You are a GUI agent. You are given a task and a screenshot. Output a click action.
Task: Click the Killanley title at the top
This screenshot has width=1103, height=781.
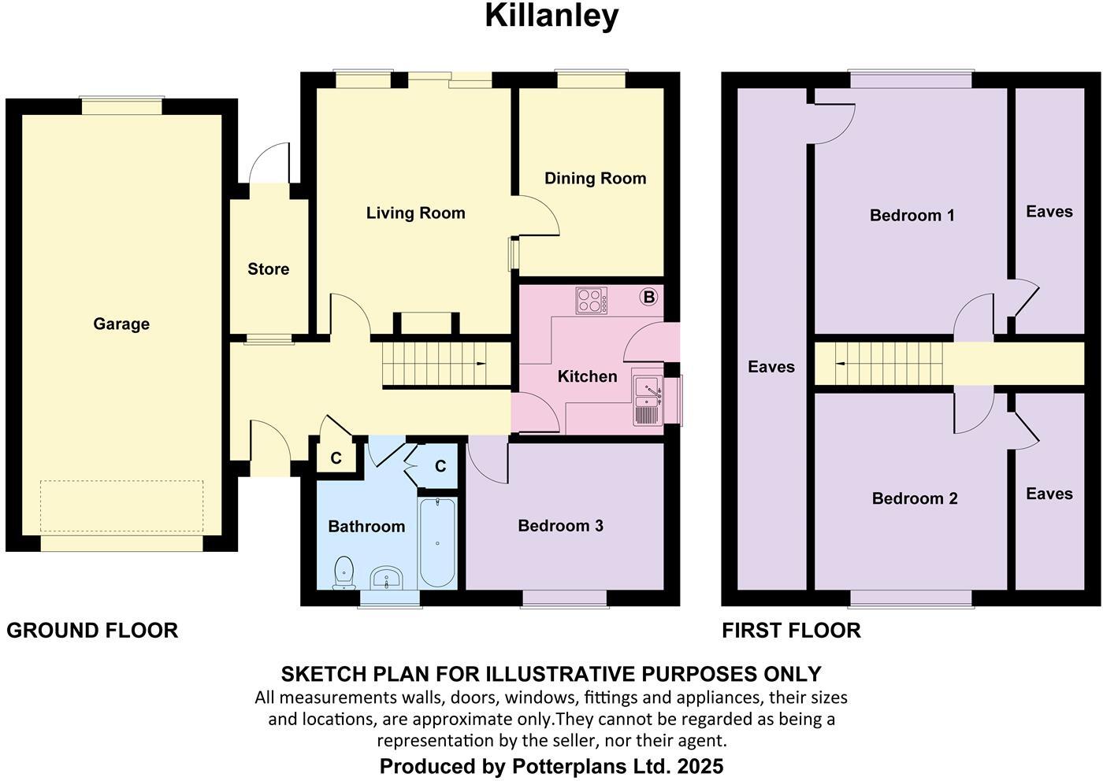coord(551,17)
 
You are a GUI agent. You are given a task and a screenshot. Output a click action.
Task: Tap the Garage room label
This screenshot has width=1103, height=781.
coord(121,324)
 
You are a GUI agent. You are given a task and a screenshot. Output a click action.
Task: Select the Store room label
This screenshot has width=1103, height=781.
coord(268,269)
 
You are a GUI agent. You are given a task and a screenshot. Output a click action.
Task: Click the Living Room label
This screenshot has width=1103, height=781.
coord(415,213)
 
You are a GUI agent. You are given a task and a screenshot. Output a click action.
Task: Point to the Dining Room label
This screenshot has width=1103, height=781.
coord(595,179)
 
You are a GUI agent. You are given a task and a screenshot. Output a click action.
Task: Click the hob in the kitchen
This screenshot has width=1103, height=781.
coord(592,301)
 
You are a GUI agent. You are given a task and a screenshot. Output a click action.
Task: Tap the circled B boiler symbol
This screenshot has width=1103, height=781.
coord(648,297)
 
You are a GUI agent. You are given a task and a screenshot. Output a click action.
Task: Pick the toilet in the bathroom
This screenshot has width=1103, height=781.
coord(344,572)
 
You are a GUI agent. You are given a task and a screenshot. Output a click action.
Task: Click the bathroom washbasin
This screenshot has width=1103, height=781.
coord(385,579)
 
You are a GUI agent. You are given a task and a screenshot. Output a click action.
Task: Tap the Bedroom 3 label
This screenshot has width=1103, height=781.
coord(560,526)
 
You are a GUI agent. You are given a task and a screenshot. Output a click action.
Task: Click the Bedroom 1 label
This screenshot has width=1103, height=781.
coord(912,216)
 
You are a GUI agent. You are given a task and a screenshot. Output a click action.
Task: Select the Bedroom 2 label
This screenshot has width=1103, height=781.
coord(914,498)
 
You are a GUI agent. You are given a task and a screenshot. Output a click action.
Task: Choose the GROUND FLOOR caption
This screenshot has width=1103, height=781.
coord(92,631)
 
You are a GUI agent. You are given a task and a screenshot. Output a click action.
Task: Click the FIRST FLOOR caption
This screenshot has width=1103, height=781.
coord(791,631)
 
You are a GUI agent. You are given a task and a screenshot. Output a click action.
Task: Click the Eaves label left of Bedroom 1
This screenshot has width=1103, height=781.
coord(771,367)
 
